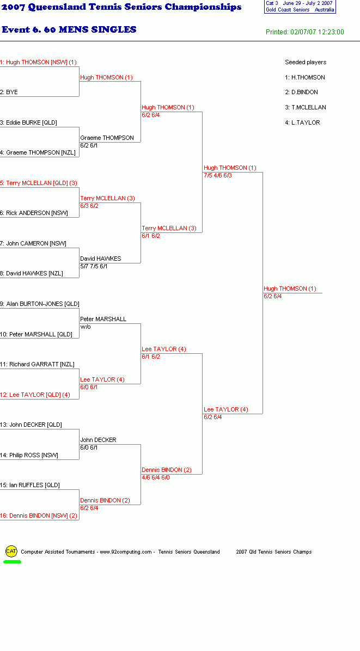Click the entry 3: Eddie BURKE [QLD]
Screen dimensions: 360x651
point(29,122)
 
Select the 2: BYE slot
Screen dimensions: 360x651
point(9,92)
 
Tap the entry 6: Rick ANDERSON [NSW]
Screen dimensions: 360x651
point(34,213)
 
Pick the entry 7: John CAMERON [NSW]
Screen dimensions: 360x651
point(33,243)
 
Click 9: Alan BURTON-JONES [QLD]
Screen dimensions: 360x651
point(39,304)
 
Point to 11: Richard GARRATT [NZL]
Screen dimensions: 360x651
point(38,364)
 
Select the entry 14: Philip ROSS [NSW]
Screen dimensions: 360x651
point(29,455)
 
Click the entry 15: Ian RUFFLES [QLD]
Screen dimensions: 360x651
point(30,485)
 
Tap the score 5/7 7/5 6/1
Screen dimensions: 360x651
point(94,266)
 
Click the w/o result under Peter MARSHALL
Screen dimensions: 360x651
point(86,327)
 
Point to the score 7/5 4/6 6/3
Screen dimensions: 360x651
point(217,175)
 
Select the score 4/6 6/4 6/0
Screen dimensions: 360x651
point(156,477)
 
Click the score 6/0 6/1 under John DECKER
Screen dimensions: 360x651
point(89,447)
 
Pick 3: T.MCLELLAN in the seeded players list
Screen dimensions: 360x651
point(305,107)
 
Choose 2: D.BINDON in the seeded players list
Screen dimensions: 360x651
point(302,92)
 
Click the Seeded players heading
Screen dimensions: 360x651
point(306,62)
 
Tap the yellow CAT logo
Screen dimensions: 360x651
point(11,551)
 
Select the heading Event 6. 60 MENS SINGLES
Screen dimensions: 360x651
point(69,29)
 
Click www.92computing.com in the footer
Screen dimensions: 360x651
point(126,552)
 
